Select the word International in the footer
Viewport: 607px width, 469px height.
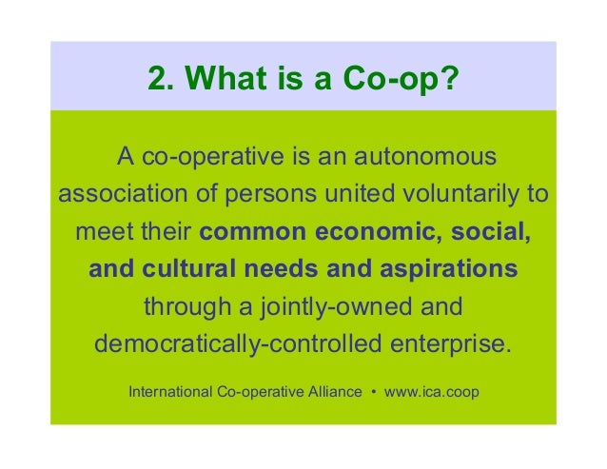tap(169, 391)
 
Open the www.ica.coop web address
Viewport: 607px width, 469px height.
tap(432, 391)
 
